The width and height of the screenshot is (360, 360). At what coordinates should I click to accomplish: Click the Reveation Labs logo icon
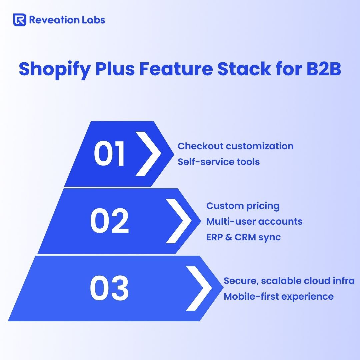click(x=20, y=20)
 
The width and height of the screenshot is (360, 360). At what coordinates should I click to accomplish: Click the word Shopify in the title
click(x=55, y=69)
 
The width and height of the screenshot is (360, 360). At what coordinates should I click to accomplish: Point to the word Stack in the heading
click(x=244, y=69)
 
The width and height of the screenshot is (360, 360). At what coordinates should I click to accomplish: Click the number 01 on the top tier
click(x=109, y=154)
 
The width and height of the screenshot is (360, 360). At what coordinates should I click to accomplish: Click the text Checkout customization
click(x=236, y=146)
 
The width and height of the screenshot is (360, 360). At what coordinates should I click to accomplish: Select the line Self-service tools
click(x=219, y=162)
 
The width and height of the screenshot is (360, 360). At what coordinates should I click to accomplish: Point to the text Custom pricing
click(x=243, y=206)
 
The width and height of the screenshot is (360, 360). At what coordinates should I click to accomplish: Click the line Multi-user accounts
click(x=254, y=222)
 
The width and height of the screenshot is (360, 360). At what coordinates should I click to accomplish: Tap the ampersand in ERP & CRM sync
click(x=229, y=237)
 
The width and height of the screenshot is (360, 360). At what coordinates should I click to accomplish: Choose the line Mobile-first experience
click(x=278, y=297)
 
